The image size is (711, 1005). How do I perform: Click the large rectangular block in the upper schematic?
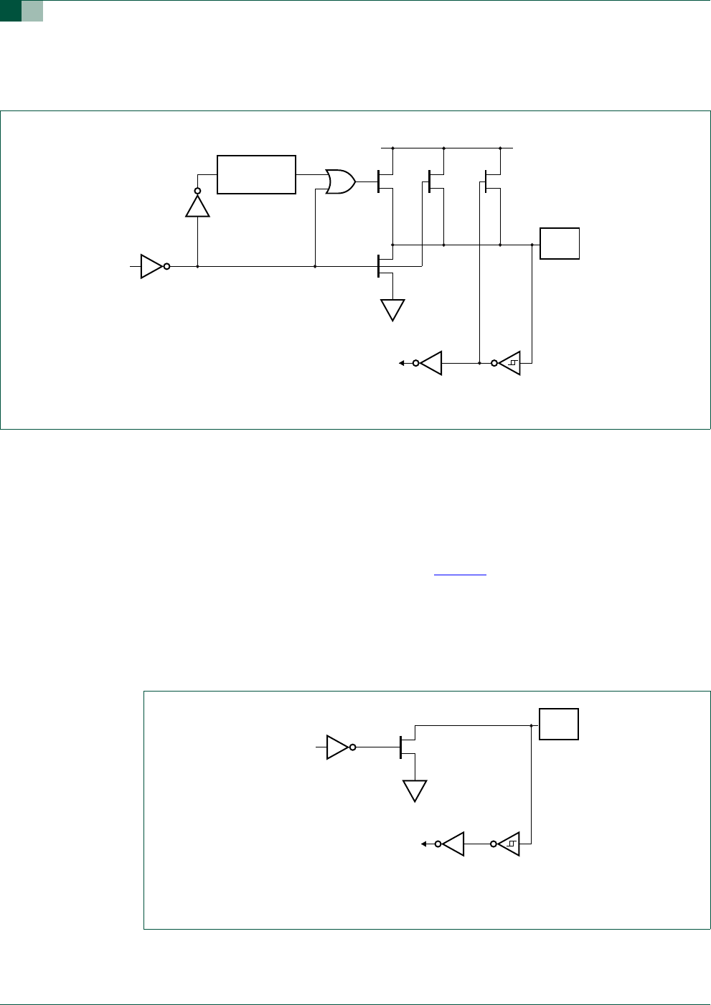[x=256, y=174]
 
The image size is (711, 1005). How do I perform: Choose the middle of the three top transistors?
[x=435, y=181]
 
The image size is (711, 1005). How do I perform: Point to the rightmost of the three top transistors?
[x=492, y=181]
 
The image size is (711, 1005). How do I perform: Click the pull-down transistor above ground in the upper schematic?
[x=385, y=266]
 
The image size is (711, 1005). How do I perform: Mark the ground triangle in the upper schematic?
[x=392, y=309]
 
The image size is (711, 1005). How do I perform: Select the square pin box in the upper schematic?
[x=560, y=243]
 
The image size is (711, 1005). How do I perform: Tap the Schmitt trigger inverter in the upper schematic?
[x=509, y=363]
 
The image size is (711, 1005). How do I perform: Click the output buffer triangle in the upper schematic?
[x=431, y=363]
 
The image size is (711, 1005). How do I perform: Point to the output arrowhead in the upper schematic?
[x=402, y=363]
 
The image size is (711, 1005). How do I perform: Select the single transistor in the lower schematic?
[x=407, y=746]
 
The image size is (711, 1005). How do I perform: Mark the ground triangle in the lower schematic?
[x=415, y=791]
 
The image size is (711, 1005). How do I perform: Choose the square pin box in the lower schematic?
[x=559, y=724]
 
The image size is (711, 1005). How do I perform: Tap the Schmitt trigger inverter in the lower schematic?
[x=509, y=844]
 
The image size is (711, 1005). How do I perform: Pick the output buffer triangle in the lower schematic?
[x=453, y=844]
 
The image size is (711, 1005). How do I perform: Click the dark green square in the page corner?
[x=10, y=11]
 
